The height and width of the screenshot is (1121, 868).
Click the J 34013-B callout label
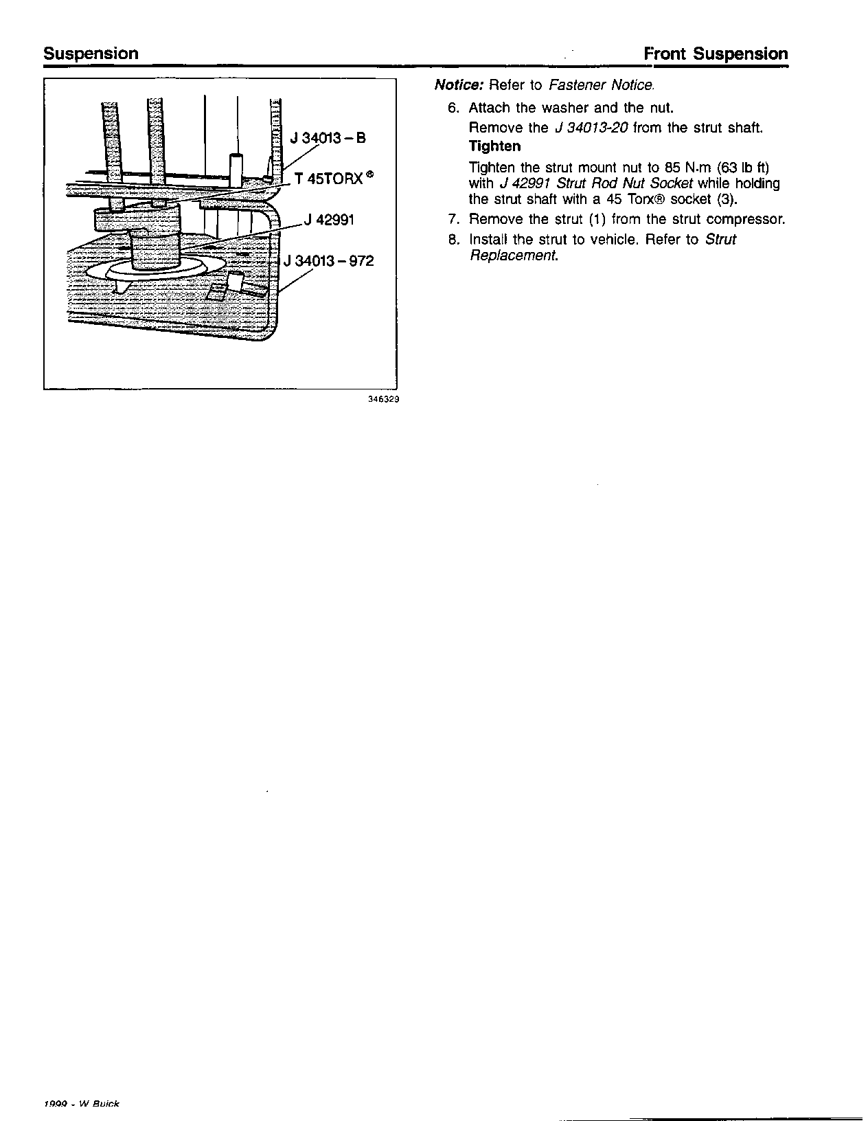point(328,137)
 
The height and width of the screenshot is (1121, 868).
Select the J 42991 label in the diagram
point(330,220)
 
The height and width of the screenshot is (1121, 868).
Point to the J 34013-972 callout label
point(329,262)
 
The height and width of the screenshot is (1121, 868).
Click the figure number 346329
point(384,398)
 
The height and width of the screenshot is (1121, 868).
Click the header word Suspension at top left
point(91,54)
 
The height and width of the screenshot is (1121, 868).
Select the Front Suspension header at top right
point(716,54)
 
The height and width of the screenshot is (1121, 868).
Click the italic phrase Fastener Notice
point(602,85)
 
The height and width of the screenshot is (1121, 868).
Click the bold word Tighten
point(494,146)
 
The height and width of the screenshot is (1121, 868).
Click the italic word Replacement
point(514,256)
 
